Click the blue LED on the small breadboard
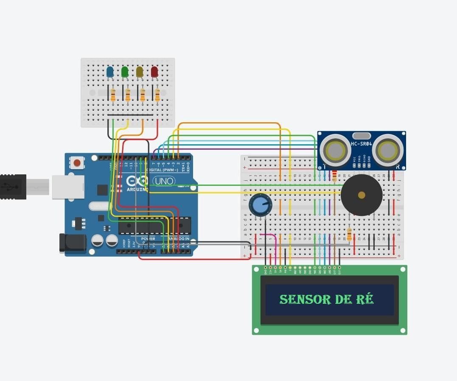point(110,72)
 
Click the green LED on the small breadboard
point(125,72)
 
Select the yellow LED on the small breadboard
point(140,72)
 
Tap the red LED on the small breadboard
point(154,72)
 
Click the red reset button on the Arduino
point(77,162)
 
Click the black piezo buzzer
point(362,195)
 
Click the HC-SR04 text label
point(362,144)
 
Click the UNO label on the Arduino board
point(163,181)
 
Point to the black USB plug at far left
point(13,187)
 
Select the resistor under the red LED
point(157,95)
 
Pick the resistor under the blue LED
point(113,95)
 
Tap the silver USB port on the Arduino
point(68,187)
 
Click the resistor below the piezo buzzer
point(349,234)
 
